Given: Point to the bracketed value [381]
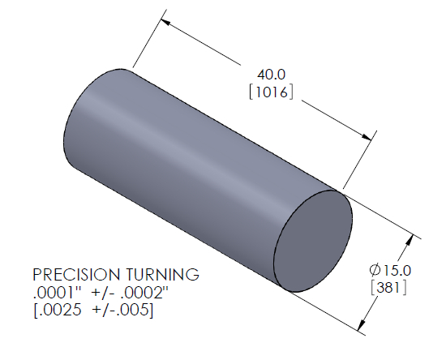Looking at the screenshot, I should [x=388, y=288].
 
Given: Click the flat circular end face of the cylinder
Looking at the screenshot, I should [x=313, y=240].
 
